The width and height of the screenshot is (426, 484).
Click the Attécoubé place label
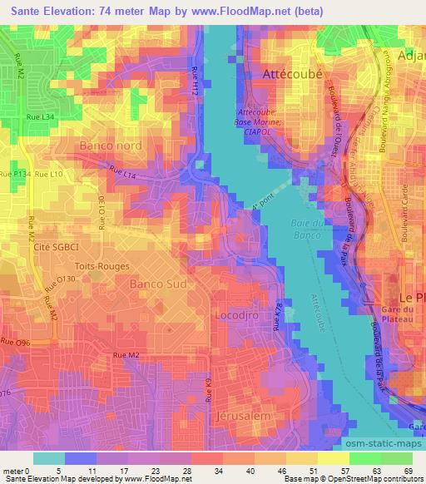295,74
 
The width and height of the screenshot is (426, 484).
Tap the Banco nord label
110,146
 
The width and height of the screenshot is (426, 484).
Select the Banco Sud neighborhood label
157,284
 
